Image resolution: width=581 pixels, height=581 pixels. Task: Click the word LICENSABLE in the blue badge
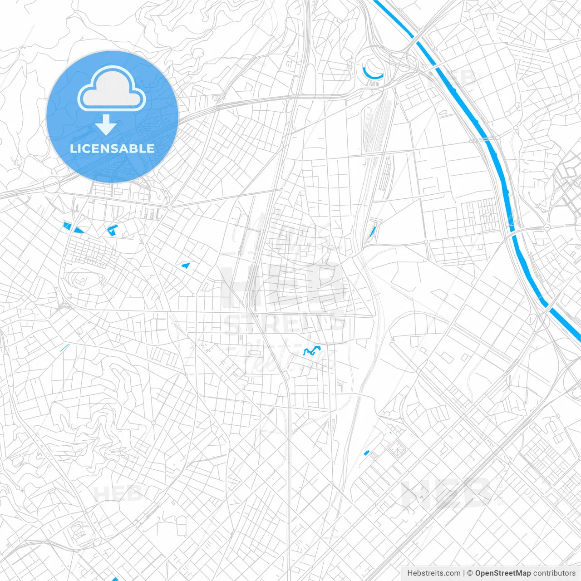tap(112, 148)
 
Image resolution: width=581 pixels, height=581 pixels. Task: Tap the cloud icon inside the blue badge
tap(112, 89)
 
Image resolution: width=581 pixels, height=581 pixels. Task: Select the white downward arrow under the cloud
tap(106, 125)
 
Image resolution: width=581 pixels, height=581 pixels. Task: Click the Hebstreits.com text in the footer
tap(434, 573)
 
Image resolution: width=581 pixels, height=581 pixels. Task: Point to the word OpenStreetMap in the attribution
tap(503, 573)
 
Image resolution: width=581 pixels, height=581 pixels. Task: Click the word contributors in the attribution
tap(554, 573)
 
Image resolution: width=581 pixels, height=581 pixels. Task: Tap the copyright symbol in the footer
tap(470, 573)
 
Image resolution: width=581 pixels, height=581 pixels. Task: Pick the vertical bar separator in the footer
tap(464, 573)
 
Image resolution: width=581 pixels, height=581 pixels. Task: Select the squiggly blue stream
tap(311, 350)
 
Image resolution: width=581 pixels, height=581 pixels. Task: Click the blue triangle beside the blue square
tap(79, 230)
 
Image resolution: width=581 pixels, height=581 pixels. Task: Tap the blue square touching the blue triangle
tap(67, 226)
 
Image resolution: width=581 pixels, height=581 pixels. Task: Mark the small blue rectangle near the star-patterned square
tap(367, 452)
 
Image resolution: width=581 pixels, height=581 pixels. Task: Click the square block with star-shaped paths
tap(398, 449)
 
